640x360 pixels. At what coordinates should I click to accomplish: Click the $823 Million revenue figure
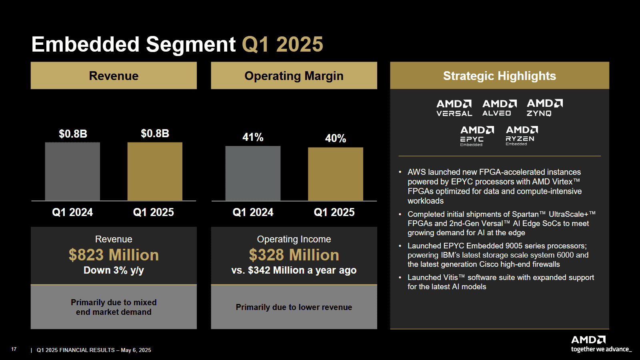(114, 255)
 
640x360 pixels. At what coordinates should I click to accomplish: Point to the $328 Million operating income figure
(294, 255)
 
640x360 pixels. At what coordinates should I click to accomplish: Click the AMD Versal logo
(454, 108)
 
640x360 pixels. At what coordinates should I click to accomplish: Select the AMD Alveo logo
(499, 108)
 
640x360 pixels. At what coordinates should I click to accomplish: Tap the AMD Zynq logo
(544, 108)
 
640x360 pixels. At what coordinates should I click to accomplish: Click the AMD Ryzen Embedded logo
(522, 136)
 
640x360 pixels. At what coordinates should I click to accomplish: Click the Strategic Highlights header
(499, 76)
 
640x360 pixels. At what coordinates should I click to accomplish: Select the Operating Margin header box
(294, 76)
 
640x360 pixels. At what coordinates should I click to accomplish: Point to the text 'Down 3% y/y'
(114, 270)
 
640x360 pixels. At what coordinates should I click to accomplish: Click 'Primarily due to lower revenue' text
(294, 307)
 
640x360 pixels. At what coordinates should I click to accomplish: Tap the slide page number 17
(14, 349)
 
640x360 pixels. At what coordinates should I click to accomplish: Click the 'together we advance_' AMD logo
(600, 344)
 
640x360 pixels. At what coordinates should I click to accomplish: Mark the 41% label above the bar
(253, 137)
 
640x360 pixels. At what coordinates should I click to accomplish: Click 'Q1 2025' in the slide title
(282, 44)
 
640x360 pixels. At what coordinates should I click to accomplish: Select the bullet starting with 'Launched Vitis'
(500, 282)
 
